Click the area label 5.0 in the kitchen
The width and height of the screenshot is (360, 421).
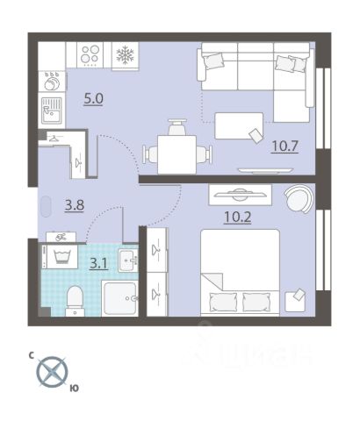coord(93,99)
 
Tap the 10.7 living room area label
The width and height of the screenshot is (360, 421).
coord(284,146)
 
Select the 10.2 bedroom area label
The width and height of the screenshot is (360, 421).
coord(237,217)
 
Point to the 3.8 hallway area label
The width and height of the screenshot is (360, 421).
coord(75,205)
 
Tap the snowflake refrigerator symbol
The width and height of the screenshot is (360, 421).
coord(125,55)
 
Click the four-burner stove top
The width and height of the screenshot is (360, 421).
coord(90,54)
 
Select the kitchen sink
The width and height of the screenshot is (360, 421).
coord(52,111)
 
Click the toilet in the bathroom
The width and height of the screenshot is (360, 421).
coord(75,301)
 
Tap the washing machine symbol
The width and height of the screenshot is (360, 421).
coord(62,257)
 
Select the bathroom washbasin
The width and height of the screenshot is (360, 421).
coord(128,260)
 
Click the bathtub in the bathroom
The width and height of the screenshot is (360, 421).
coord(120,298)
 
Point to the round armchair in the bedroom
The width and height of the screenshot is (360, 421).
coord(299,198)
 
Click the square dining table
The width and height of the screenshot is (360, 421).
coord(176,154)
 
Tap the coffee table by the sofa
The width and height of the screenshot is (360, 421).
coord(239,125)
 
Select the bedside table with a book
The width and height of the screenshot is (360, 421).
coord(295,301)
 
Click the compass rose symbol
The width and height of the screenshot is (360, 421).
coord(52,372)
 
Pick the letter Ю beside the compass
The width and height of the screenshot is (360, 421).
coord(75,389)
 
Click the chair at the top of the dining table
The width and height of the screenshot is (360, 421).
coord(176,126)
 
